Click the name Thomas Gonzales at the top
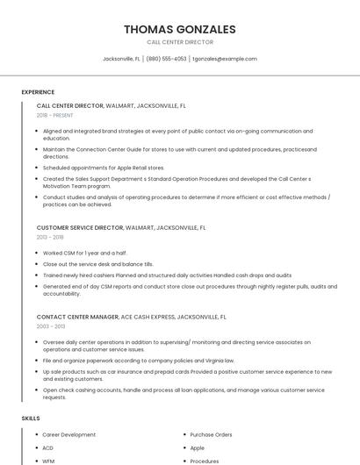pos(180,29)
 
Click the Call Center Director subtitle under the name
pos(180,42)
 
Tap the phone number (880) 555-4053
pos(166,59)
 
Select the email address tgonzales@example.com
pos(225,59)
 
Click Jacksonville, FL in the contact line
pos(121,59)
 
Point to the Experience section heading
pos(38,91)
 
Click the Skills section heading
pos(31,418)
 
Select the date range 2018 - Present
pos(55,115)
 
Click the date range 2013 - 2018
pos(50,237)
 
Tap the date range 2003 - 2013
pos(50,326)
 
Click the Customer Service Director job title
pos(80,227)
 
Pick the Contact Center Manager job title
pos(77,317)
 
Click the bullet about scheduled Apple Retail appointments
pos(104,167)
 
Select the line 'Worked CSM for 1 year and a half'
pos(85,253)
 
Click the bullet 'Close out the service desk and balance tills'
pos(97,263)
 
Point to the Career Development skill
pos(68,434)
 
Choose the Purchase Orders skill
pos(211,434)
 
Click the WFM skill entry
pos(48,461)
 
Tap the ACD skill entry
pos(48,447)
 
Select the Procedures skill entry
pos(205,461)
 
